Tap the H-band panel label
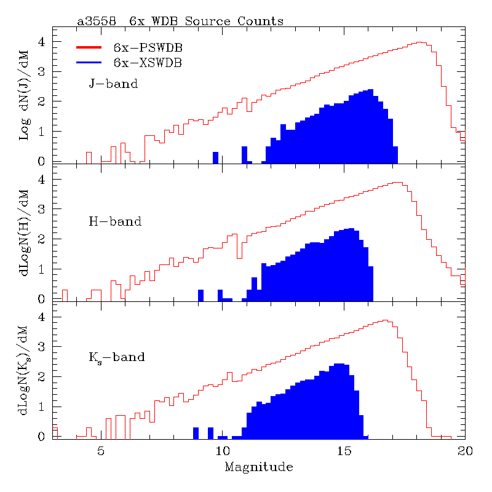115,221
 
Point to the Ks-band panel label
117,357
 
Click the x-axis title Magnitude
258,467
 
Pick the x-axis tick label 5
101,451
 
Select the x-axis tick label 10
222,451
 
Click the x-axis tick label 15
343,451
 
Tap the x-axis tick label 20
464,451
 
